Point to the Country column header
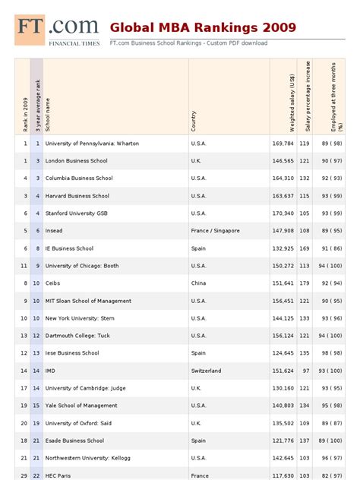194,121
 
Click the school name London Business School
76,161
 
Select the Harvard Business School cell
77,196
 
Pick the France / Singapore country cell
215,231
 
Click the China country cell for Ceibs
198,283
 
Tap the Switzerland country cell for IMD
206,371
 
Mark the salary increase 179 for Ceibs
304,283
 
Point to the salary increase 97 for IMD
305,371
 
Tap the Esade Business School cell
74,441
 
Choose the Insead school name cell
54,231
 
